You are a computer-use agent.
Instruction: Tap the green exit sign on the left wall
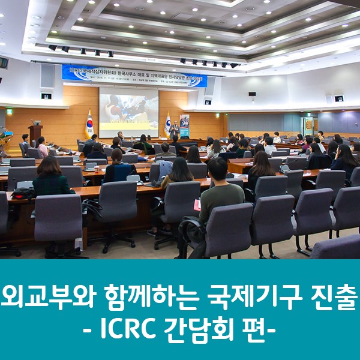10,111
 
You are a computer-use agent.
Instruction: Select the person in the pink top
43,146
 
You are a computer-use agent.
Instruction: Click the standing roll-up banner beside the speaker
184,125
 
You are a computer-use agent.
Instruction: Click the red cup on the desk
197,205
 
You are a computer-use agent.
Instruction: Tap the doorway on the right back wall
309,125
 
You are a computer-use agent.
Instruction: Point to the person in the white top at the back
277,137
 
